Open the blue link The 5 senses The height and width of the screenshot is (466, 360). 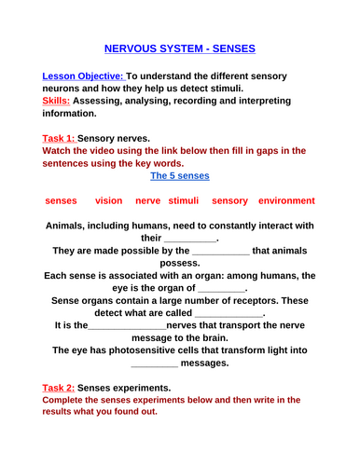[x=180, y=175]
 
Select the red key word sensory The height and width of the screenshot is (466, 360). [x=229, y=200]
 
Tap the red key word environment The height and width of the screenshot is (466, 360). [x=287, y=200]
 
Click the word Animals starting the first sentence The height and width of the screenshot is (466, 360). [x=72, y=225]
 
